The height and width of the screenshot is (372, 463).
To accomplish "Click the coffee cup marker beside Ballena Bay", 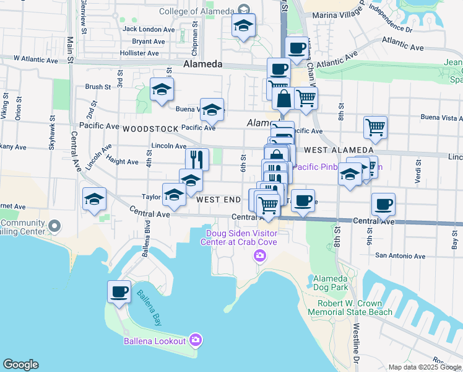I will [x=119, y=291].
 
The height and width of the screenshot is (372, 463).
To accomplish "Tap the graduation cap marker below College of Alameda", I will [x=243, y=27].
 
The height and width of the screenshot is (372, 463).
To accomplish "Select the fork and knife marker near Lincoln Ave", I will [x=197, y=159].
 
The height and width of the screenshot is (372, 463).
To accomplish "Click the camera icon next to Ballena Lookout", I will [x=196, y=340].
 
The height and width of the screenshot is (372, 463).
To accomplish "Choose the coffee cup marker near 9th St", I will [x=383, y=204].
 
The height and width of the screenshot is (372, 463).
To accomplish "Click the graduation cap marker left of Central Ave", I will [x=95, y=199].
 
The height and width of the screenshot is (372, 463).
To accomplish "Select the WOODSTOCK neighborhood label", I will [x=146, y=128].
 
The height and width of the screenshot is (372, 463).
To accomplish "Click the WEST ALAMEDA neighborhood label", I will [x=339, y=150].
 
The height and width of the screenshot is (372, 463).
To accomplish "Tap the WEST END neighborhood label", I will [x=219, y=200].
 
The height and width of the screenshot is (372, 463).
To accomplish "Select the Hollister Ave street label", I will [x=144, y=54].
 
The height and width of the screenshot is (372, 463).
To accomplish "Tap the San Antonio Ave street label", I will [x=400, y=255].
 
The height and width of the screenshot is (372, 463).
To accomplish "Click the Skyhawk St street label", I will [x=52, y=133].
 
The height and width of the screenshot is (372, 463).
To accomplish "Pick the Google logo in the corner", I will [x=20, y=365].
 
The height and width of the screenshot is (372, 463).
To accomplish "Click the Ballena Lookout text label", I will [x=155, y=341].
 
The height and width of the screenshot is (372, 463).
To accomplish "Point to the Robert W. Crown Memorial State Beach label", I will [x=355, y=308].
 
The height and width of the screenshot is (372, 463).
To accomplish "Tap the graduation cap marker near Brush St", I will [x=162, y=90].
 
